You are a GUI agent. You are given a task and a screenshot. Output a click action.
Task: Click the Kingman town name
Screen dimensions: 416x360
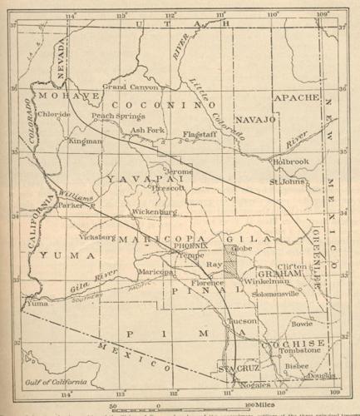click(x=86, y=141)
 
